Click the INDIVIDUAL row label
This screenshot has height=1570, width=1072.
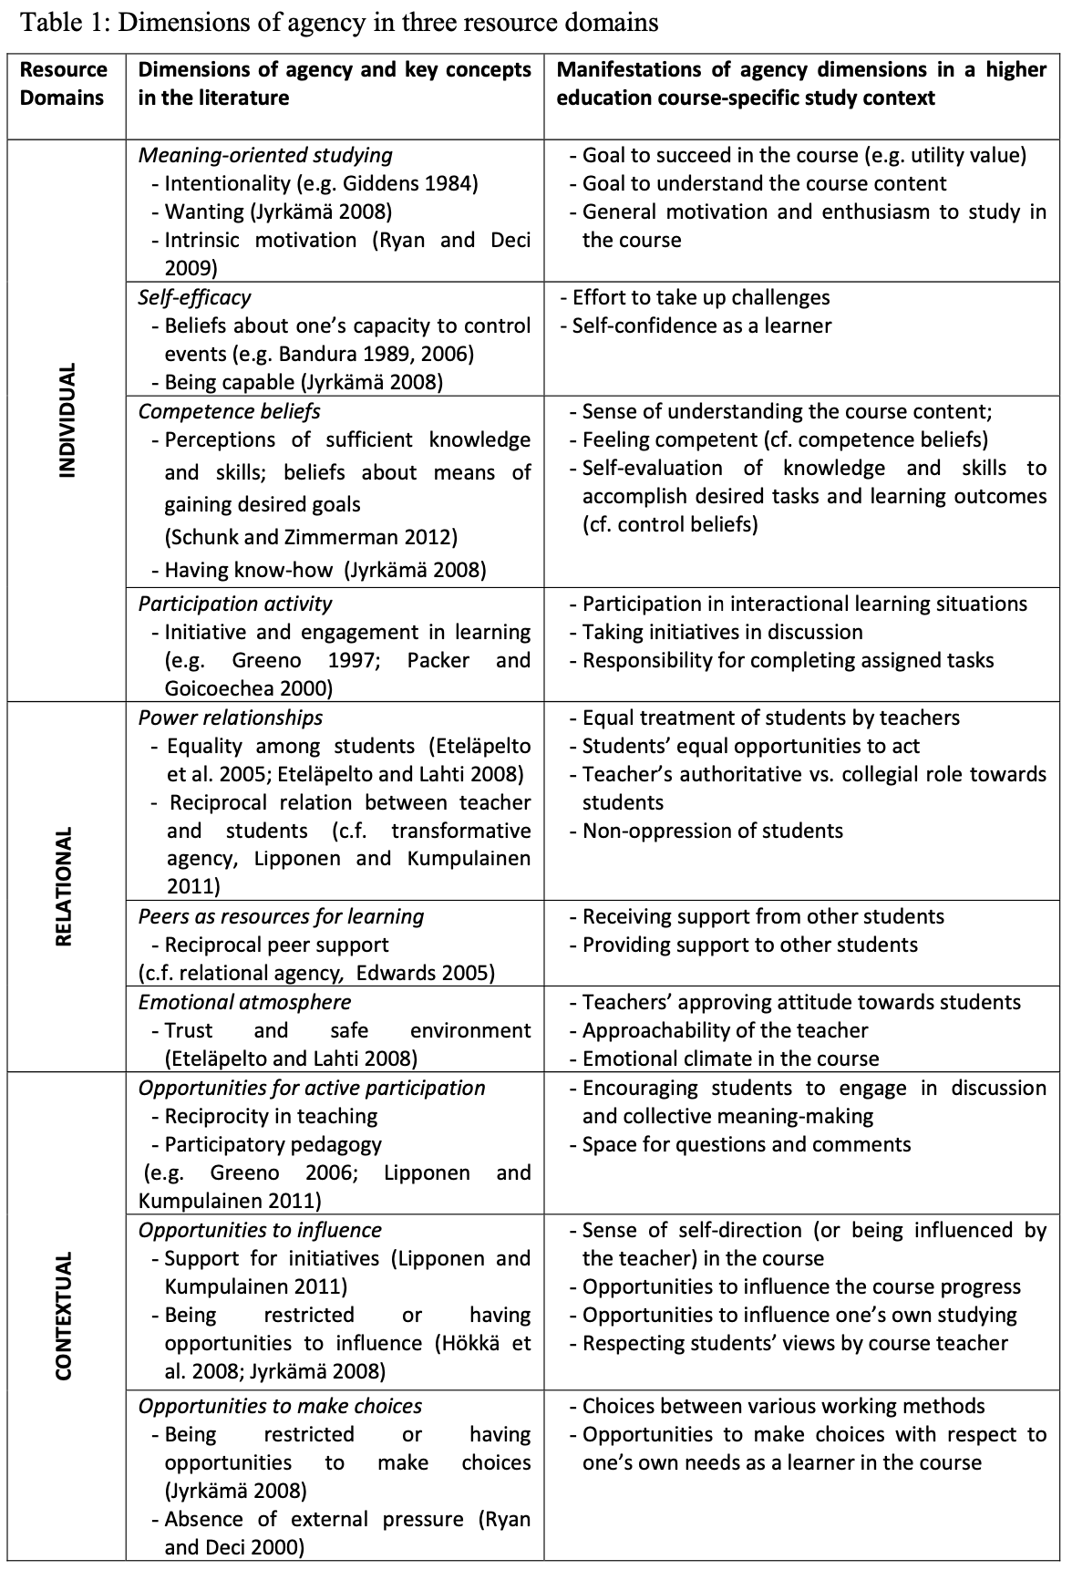pos(67,420)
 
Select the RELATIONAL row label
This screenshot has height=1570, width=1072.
pos(65,887)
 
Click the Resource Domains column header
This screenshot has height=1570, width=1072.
pos(64,84)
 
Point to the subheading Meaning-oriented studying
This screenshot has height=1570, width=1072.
pos(265,155)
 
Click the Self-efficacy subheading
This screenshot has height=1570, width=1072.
pos(194,297)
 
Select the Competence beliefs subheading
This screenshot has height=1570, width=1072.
pos(229,411)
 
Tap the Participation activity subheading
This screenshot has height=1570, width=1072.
pos(235,604)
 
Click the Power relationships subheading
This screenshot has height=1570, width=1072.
pos(231,718)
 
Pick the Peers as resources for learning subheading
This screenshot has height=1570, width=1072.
pos(281,916)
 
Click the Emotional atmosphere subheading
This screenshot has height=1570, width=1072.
pos(244,1002)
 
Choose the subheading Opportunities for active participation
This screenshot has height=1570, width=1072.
pos(312,1088)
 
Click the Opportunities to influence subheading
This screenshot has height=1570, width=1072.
pos(260,1230)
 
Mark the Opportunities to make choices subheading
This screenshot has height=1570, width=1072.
pos(280,1406)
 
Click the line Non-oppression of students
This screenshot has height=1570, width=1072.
pos(712,831)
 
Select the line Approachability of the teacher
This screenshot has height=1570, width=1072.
pos(725,1030)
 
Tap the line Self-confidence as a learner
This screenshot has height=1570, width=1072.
pos(701,325)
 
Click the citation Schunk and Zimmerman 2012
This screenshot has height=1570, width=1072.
pos(311,537)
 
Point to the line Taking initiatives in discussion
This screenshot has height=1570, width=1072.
pos(722,632)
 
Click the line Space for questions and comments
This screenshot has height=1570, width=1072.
pos(746,1144)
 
